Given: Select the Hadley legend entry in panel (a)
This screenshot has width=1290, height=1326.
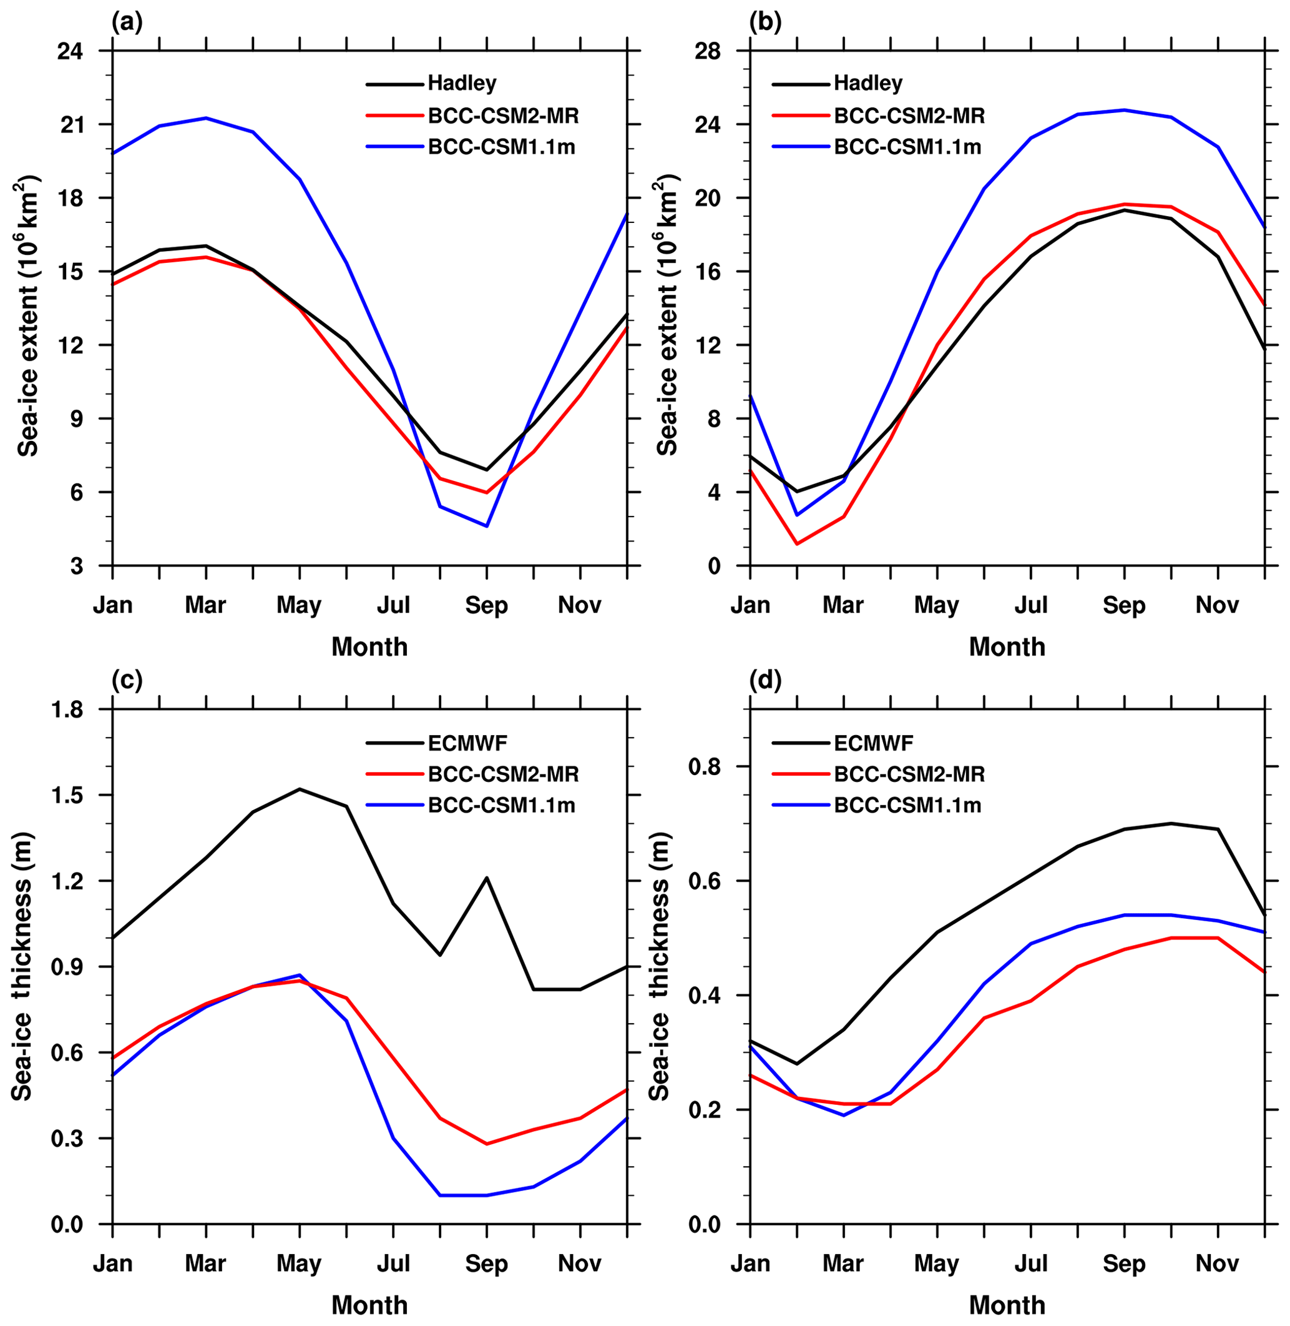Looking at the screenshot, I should (x=462, y=84).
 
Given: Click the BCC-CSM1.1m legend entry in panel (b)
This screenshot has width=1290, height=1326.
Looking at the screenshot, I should (x=907, y=146).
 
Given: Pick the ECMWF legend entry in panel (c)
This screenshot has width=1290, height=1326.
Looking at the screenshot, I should (x=467, y=743).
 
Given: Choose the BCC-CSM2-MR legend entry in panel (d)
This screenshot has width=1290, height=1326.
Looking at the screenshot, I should (x=909, y=773).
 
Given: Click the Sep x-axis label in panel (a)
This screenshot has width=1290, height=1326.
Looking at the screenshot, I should (x=486, y=605).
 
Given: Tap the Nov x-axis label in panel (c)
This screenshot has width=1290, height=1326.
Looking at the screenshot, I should (x=580, y=1264).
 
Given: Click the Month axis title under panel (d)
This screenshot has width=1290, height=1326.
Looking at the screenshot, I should (x=1007, y=1305).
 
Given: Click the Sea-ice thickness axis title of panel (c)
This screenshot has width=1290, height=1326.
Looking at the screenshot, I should (x=22, y=967).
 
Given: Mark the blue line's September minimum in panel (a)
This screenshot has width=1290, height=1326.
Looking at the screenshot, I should (x=486, y=526).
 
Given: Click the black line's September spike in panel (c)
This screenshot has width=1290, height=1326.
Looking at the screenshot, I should (x=486, y=878).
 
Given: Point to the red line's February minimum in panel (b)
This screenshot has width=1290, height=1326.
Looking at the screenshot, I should (x=797, y=543).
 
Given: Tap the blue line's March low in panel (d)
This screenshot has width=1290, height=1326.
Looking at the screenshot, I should (x=844, y=1115).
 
